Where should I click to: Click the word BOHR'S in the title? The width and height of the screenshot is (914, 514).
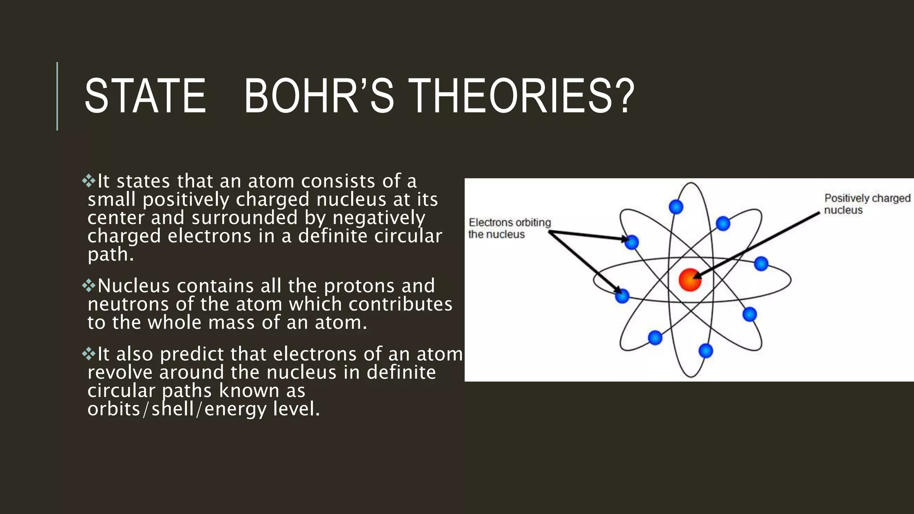pos(319,96)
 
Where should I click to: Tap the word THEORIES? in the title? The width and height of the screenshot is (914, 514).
pos(521,96)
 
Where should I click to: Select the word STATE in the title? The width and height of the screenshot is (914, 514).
pos(145,96)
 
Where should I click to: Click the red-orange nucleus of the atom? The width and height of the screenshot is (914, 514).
pos(690,280)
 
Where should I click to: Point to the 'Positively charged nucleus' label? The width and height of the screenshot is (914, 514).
pos(867,204)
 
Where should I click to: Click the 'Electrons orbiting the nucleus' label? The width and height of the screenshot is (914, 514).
pos(509,228)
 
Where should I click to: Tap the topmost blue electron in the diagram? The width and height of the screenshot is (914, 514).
pos(676,207)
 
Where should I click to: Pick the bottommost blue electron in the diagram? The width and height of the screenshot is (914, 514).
pos(706,351)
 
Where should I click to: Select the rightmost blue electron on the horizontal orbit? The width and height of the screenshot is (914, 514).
pos(761,264)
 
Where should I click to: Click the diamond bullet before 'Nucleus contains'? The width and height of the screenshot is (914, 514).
pos(89,286)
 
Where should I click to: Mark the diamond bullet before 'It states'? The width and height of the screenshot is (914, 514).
pos(89,181)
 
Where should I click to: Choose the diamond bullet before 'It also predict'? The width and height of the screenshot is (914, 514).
pos(89,354)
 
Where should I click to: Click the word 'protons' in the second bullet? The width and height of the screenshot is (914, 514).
pos(359,286)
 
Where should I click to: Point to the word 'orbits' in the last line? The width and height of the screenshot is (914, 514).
pos(113,409)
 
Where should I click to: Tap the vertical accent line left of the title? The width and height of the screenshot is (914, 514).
pos(57,96)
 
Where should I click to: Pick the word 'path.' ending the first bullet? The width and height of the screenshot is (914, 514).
pos(110,255)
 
